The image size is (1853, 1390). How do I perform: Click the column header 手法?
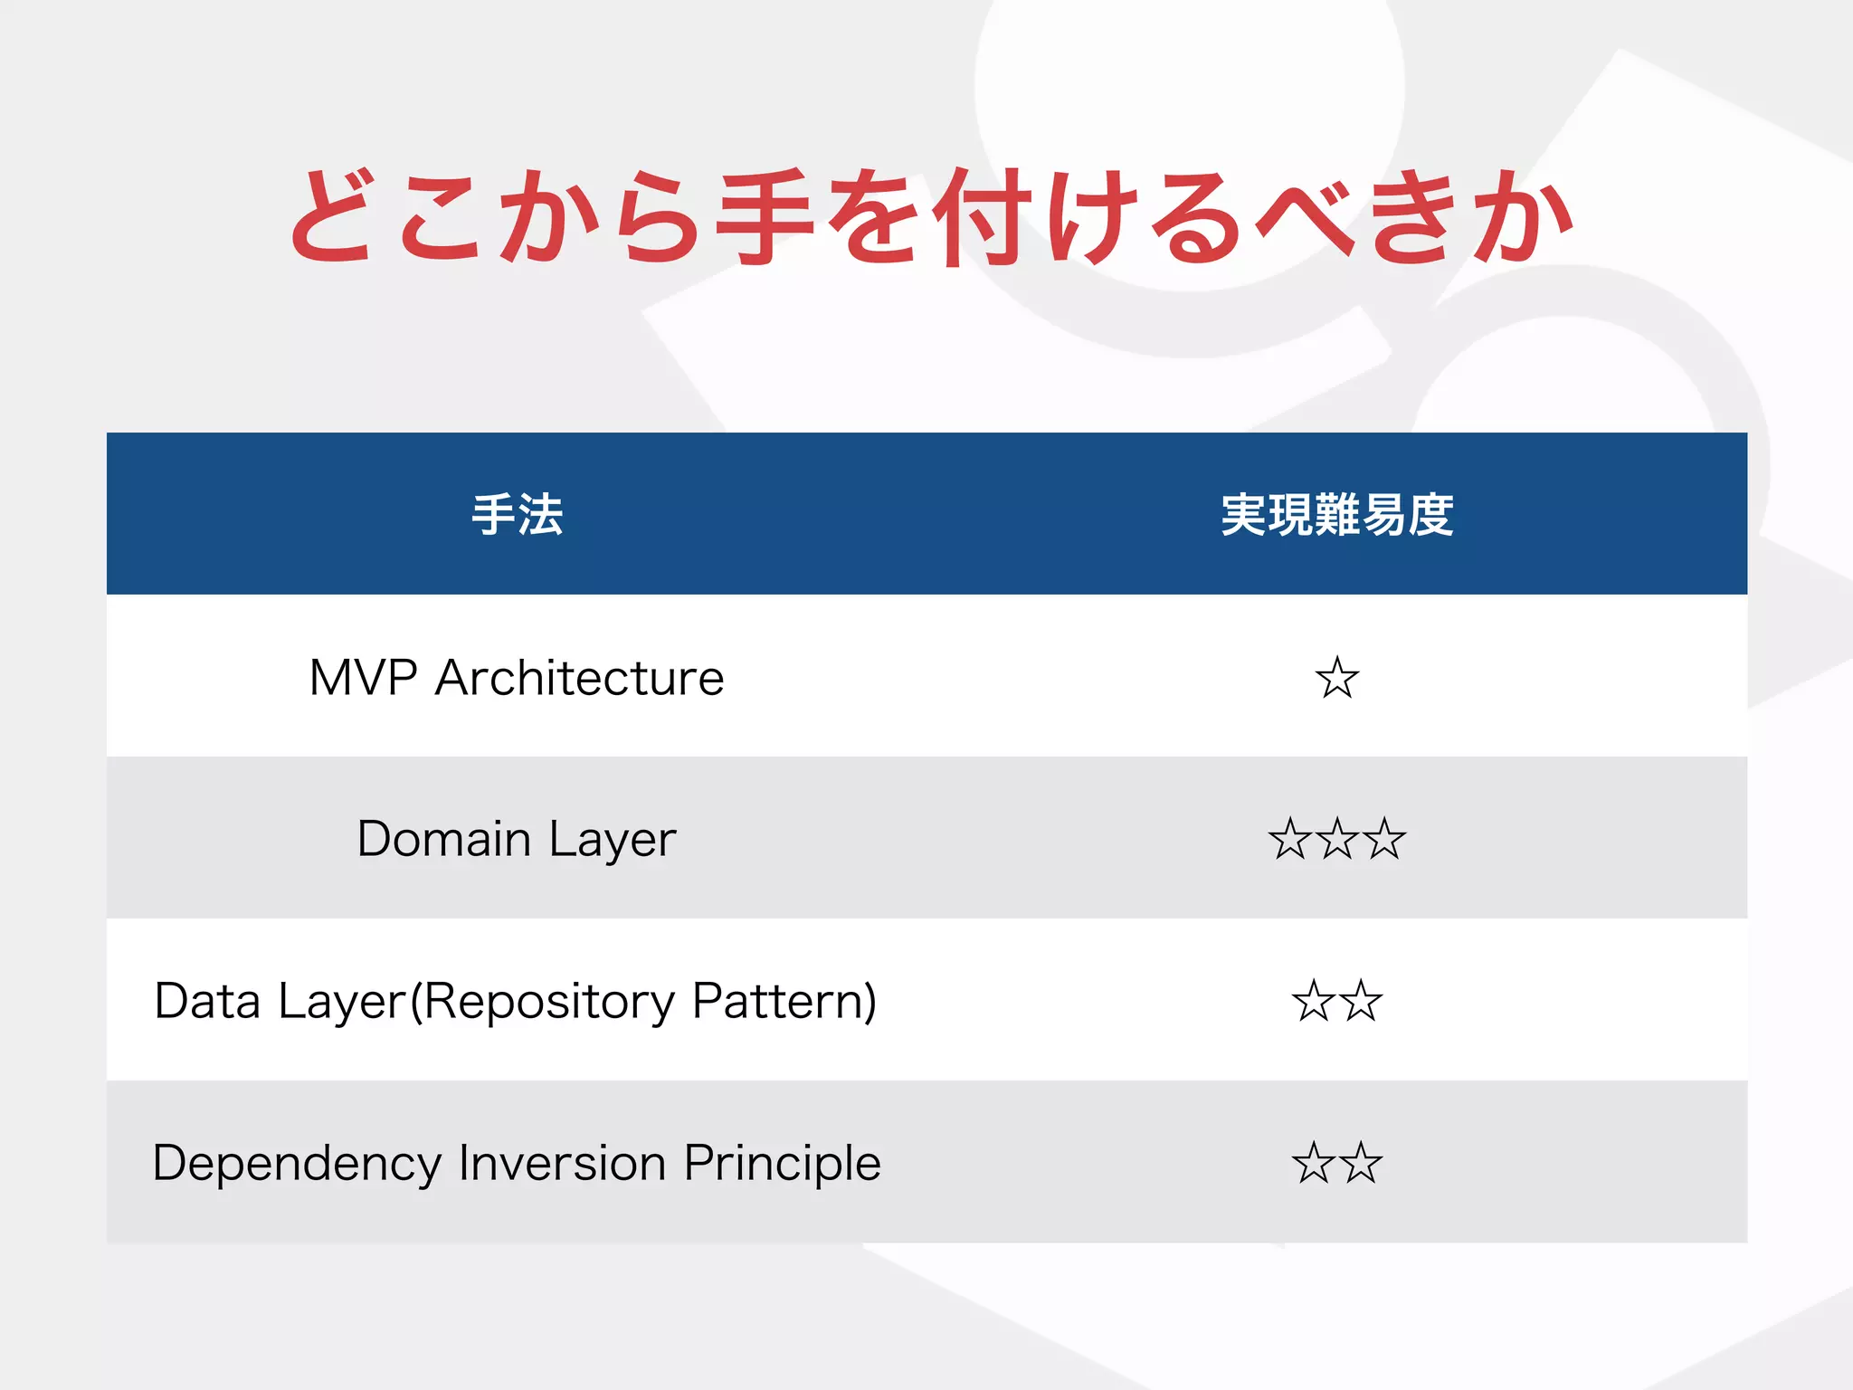coord(517,515)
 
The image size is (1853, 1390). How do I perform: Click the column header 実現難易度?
coord(1336,515)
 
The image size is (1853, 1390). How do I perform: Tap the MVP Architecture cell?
coord(517,677)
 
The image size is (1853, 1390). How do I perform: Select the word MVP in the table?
coord(363,677)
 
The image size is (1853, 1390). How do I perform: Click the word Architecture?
coord(579,677)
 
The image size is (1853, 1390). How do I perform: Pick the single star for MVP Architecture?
coord(1336,678)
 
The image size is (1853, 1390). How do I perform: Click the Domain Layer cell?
coord(517,839)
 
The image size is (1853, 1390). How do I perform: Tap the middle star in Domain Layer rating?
coord(1336,839)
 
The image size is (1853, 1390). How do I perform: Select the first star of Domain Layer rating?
coord(1290,839)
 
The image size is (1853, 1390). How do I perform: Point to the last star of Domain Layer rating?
coord(1383,839)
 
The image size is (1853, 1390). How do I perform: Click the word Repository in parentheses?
coord(549,1002)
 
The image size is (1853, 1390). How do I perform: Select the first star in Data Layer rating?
coord(1314,1002)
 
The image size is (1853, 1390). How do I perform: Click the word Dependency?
coord(297,1164)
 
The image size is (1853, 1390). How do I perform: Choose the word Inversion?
coord(562,1163)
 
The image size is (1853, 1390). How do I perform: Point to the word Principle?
coord(782,1164)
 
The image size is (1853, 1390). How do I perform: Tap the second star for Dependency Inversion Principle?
coord(1361,1164)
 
